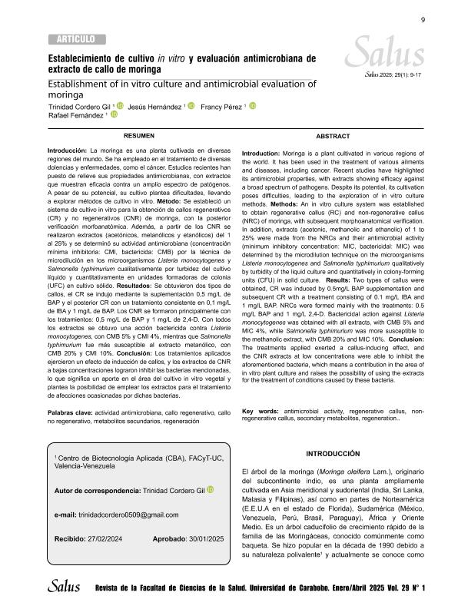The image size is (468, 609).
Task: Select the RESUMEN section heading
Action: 140,134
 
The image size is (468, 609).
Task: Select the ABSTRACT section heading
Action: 333,134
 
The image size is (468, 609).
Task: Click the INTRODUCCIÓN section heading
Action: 333,455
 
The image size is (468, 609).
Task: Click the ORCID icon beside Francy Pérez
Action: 252,106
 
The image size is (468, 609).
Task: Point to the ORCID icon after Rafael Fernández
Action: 115,115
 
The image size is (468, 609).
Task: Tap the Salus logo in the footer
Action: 64,587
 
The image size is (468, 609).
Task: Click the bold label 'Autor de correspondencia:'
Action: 87,490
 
